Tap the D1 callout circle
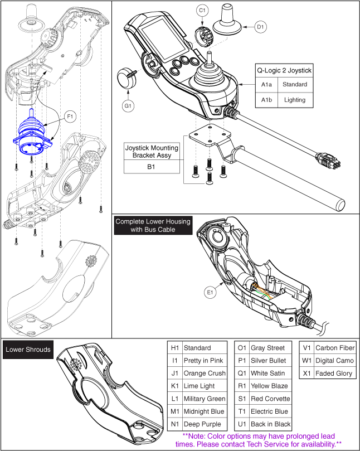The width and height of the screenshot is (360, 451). [x=260, y=26]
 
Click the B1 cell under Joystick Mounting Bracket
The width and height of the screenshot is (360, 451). [x=152, y=166]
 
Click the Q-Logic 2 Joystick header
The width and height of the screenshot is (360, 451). [x=284, y=71]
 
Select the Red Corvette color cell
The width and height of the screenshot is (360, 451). [x=270, y=399]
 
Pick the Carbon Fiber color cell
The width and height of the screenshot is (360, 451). [x=334, y=348]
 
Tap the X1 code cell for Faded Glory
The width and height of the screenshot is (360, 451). [x=307, y=374]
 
